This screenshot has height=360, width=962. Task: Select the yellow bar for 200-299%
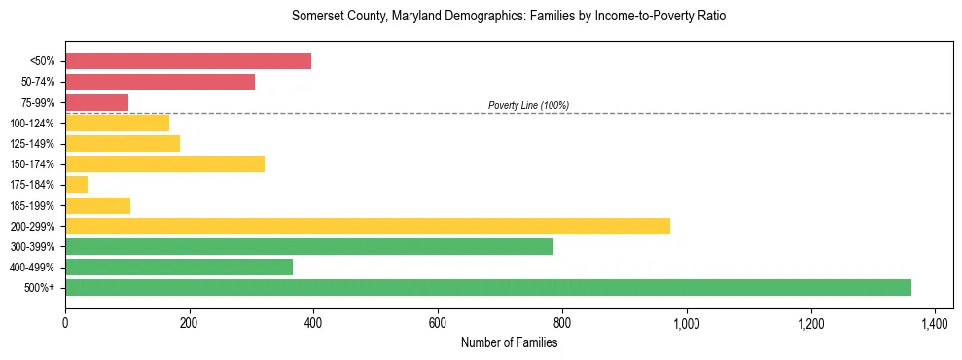point(368,226)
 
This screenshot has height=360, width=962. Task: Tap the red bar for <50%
point(188,61)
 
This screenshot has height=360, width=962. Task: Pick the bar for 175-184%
point(77,184)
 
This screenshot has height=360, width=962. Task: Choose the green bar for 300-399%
point(309,246)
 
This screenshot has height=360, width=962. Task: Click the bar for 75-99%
point(97,102)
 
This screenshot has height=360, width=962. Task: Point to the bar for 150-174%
point(165,163)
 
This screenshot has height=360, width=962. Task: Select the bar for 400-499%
point(179,267)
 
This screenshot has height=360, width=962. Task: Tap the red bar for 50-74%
point(160,82)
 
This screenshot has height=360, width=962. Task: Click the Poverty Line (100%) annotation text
point(528,105)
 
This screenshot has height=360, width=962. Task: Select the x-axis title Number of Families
point(509,342)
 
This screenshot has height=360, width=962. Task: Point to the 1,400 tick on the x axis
point(935,323)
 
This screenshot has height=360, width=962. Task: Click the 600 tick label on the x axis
point(438,323)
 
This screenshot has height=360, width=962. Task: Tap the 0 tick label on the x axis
point(65,323)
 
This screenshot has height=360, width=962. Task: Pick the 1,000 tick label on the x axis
point(687,323)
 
